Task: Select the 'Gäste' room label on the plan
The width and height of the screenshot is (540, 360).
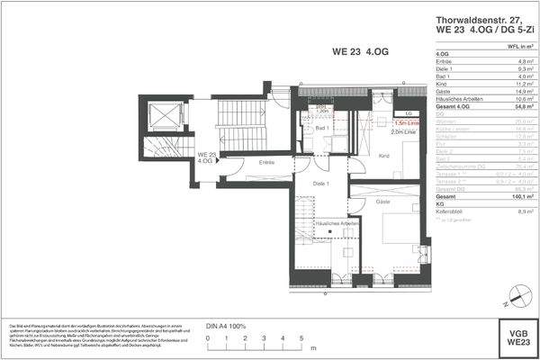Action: (x=383, y=202)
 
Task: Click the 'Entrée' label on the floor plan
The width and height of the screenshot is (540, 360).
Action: (x=265, y=162)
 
